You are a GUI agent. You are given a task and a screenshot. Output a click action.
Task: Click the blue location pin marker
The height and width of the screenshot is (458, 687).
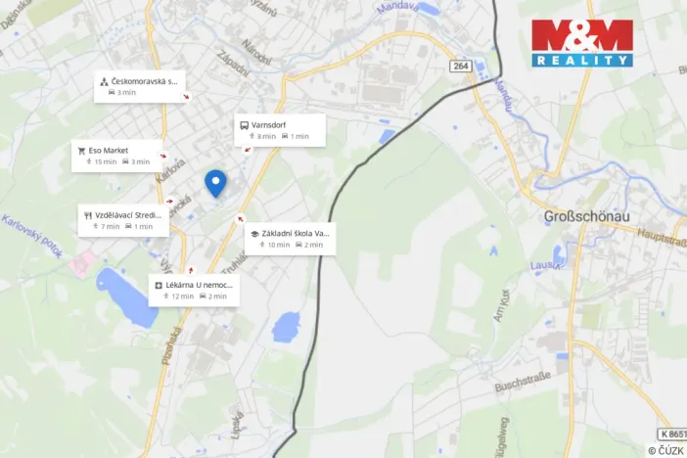215,182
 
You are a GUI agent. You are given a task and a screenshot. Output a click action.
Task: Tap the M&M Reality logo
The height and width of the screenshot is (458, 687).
581,42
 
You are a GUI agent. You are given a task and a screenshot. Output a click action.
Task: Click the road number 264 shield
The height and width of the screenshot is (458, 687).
462,66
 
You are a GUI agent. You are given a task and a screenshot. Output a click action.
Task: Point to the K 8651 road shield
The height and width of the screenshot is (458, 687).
665,433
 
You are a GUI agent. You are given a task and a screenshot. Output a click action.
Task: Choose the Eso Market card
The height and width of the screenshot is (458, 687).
116,156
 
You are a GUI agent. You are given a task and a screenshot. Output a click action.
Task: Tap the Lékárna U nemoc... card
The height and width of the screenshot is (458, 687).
194,290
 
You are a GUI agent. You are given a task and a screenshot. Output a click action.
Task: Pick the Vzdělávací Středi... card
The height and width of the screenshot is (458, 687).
123,220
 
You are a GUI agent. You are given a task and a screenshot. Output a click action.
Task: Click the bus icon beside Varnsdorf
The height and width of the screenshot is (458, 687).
244,124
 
